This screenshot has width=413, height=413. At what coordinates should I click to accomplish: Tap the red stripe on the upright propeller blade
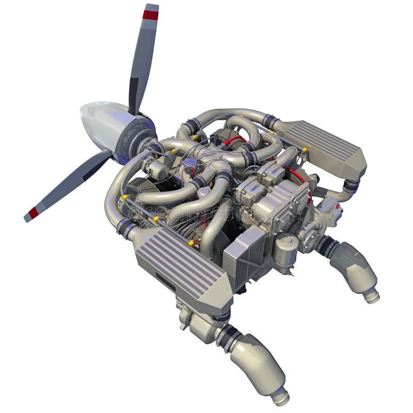(x=151, y=14)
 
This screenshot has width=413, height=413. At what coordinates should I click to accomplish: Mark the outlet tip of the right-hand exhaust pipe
(x=371, y=296)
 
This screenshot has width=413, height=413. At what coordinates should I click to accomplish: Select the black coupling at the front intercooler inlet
(x=125, y=227)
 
